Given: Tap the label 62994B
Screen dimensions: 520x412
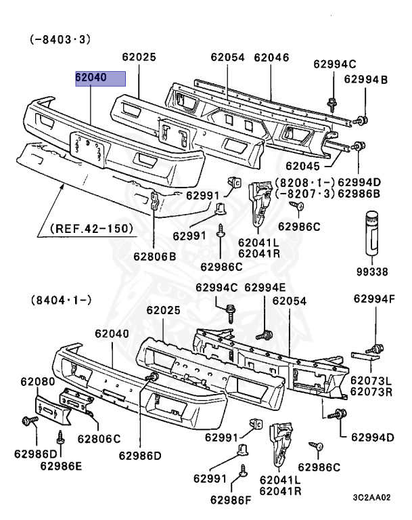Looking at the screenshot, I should [x=365, y=80].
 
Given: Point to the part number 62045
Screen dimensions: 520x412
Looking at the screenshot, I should [x=304, y=165].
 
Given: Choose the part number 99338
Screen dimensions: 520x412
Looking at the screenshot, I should [x=373, y=272].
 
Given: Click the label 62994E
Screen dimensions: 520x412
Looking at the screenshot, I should [x=265, y=287].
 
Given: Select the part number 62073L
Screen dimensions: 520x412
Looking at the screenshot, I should [x=371, y=381].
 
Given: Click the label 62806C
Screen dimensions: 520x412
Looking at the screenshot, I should [x=99, y=437].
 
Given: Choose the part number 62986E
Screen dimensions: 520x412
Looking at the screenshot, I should [x=61, y=465].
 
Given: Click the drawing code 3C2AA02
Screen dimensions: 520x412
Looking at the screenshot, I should [x=371, y=497].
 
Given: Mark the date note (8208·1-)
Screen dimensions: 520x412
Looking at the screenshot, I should [x=302, y=182].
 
